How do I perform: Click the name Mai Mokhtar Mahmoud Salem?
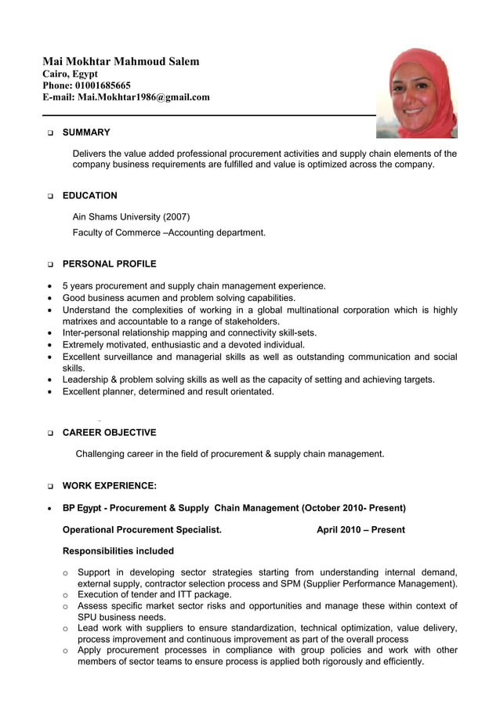pyautogui.click(x=121, y=61)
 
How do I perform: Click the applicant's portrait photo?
pyautogui.click(x=416, y=93)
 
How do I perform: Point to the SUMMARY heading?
pyautogui.click(x=86, y=133)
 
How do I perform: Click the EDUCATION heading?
pyautogui.click(x=90, y=196)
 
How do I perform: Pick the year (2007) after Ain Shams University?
pyautogui.click(x=176, y=217)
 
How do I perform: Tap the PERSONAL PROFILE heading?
pyautogui.click(x=109, y=264)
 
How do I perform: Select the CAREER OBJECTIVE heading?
pyautogui.click(x=109, y=433)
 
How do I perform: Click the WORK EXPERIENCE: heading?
pyautogui.click(x=109, y=486)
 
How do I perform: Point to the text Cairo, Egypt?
pyautogui.click(x=70, y=74)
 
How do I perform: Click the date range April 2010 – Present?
pyautogui.click(x=361, y=530)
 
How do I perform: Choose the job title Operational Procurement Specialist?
pyautogui.click(x=142, y=530)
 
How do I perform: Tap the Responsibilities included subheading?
pyautogui.click(x=118, y=551)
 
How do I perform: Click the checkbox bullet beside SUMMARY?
pyautogui.click(x=50, y=133)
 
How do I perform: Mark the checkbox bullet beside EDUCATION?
pyautogui.click(x=50, y=197)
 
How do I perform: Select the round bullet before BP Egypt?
pyautogui.click(x=50, y=509)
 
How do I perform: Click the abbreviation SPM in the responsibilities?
pyautogui.click(x=309, y=584)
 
